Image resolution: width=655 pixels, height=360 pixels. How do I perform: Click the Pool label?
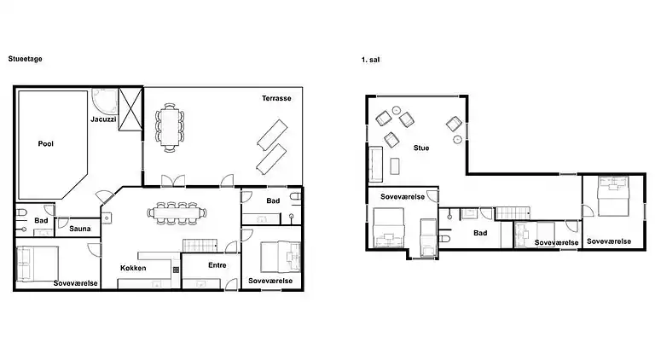[45, 143]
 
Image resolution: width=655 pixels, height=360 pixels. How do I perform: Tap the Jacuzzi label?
[103, 119]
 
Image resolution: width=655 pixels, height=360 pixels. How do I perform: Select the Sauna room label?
[80, 229]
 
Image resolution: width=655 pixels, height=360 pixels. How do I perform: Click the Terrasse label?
[276, 98]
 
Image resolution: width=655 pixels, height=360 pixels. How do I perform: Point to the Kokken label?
[133, 268]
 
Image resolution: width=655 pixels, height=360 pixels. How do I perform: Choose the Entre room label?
[217, 265]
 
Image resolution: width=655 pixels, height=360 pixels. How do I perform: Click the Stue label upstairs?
[421, 148]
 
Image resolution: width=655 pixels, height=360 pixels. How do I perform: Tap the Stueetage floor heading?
[25, 59]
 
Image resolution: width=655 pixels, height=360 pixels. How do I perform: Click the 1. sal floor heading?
[370, 60]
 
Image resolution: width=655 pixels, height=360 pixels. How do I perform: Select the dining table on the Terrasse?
[170, 127]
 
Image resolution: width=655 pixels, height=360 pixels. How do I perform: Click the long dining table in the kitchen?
[177, 213]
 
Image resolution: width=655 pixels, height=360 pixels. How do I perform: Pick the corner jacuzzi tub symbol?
[105, 101]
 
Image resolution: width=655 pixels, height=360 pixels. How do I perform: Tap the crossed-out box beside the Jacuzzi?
[130, 109]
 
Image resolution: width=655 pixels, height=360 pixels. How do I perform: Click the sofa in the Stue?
[375, 164]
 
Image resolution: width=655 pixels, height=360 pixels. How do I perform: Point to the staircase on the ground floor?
[200, 246]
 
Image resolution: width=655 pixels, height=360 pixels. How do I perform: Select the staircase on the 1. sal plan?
[513, 213]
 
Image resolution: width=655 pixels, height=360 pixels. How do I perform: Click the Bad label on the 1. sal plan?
[480, 233]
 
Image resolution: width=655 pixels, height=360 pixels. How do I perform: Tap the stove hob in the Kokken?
[177, 270]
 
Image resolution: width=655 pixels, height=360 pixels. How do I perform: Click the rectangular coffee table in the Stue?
[395, 165]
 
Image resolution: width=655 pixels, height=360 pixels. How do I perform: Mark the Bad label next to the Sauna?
[41, 220]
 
